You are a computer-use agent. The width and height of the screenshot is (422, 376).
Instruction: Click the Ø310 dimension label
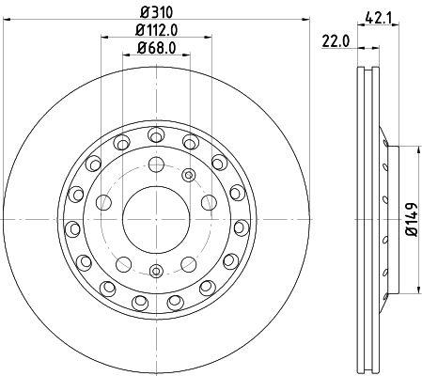tap(156, 12)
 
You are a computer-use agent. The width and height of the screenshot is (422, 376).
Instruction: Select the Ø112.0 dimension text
tap(156, 30)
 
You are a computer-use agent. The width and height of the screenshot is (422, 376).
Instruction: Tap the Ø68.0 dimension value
tap(156, 48)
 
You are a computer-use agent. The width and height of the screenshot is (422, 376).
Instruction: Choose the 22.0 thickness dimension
tap(336, 42)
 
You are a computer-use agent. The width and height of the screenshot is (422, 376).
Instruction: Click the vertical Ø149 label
tap(412, 219)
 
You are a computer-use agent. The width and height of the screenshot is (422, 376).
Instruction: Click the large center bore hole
tap(156, 219)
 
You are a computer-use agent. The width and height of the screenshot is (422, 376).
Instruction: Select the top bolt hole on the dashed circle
tap(156, 164)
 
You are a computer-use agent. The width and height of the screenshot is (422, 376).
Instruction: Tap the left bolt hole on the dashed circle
tap(103, 202)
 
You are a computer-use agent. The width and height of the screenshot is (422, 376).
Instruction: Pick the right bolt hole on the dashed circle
tap(209, 202)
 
